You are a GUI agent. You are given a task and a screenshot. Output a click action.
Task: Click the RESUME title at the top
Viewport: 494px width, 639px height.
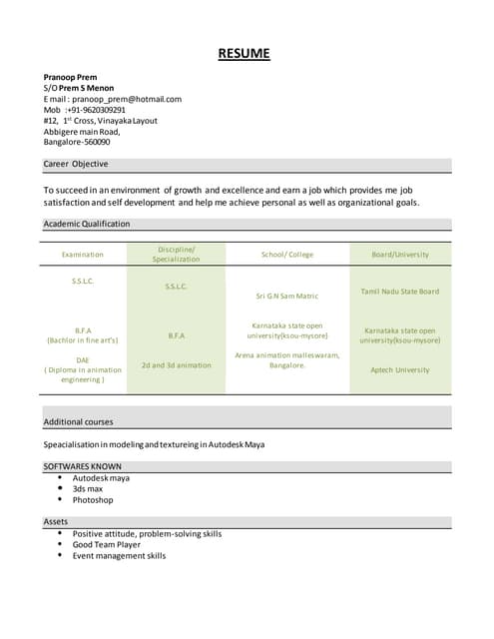tap(245, 54)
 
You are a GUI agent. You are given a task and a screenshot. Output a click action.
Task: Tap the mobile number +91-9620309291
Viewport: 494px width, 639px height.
tap(96, 110)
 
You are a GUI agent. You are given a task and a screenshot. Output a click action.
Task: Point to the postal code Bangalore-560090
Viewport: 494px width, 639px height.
tap(77, 142)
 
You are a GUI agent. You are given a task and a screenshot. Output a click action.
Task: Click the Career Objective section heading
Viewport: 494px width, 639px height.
tap(76, 164)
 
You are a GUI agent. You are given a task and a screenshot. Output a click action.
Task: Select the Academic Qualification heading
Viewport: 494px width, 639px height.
tap(87, 224)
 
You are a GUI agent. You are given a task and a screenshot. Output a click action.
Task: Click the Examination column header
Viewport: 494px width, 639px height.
tap(82, 255)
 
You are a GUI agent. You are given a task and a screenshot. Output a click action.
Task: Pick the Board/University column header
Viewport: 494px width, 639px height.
tap(400, 255)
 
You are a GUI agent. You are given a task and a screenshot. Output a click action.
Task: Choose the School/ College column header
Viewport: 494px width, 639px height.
tap(287, 255)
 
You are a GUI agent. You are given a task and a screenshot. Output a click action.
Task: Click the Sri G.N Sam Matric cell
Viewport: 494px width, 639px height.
tap(287, 296)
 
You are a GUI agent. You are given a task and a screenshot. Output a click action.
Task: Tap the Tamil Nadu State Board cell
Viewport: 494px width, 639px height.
tap(400, 292)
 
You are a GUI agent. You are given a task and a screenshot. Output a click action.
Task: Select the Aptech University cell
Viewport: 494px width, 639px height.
tap(400, 369)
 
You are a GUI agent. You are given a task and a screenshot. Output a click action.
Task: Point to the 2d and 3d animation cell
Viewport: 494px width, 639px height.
tap(176, 364)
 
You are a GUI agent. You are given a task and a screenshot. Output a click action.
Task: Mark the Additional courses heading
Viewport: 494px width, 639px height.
tap(78, 422)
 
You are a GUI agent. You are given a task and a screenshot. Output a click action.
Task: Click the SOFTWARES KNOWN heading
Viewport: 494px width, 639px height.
tap(83, 466)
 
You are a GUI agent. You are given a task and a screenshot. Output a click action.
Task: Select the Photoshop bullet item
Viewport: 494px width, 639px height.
tap(93, 500)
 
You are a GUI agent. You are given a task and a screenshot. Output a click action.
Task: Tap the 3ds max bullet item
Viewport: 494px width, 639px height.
tap(88, 489)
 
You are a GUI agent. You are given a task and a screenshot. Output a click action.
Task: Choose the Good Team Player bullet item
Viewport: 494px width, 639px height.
tap(107, 544)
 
